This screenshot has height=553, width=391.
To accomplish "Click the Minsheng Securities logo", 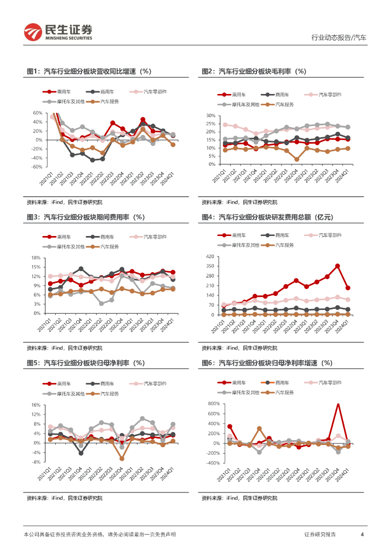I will [58, 32].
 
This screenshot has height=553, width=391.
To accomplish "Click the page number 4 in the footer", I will [362, 535].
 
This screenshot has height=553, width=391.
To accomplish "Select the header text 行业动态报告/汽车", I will [339, 38].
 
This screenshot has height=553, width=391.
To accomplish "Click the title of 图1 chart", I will [89, 71].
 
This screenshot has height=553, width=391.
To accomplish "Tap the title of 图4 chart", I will [267, 217].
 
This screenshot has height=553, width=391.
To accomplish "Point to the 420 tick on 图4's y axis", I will [211, 257].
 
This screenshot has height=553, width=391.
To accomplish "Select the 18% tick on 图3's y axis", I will [36, 258].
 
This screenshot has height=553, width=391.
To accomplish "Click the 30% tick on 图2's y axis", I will [210, 116].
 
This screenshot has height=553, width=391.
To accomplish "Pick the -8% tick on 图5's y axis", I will [36, 462].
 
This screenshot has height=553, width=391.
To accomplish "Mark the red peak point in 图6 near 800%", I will [338, 404].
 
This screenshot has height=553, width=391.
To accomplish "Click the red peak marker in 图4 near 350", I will [338, 266].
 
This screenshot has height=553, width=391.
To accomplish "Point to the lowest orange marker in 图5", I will [122, 458].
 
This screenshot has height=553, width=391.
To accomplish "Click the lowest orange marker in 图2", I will [296, 159].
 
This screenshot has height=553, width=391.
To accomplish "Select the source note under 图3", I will [64, 348].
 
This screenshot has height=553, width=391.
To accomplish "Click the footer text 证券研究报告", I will [320, 535].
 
